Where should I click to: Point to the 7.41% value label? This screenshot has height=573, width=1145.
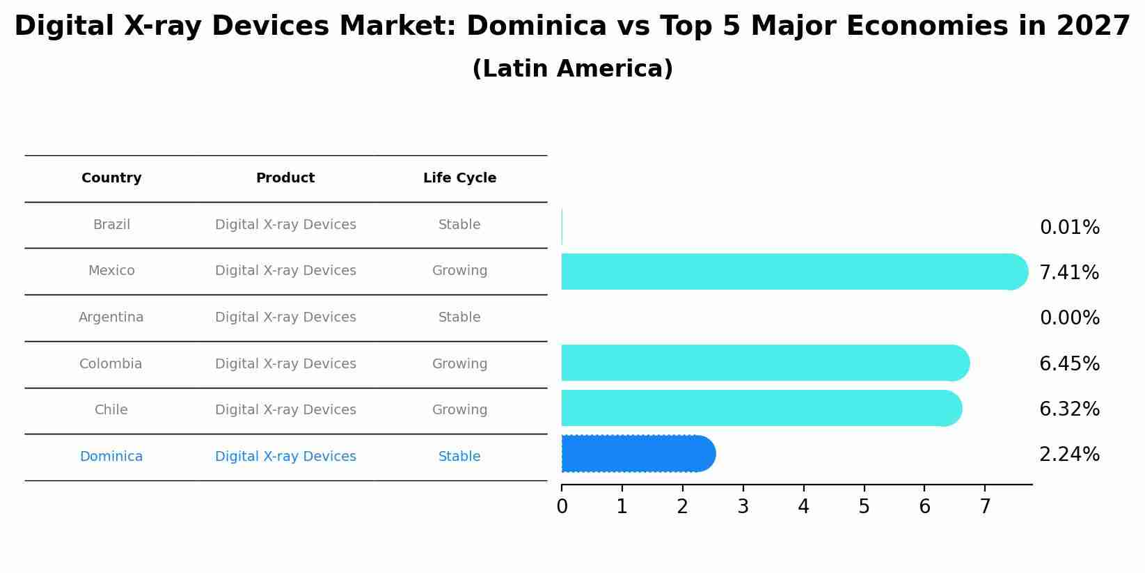(1068, 273)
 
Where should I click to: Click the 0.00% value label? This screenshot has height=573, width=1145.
(1069, 318)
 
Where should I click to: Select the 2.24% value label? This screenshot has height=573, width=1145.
(1069, 455)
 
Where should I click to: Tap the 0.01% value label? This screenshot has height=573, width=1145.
(1069, 228)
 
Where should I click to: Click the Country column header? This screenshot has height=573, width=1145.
(111, 178)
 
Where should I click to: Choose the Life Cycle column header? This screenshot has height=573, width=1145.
(459, 178)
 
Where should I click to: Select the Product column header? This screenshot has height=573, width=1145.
(285, 178)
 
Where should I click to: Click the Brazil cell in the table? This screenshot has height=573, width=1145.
(111, 225)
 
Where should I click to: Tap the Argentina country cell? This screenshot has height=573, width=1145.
(111, 317)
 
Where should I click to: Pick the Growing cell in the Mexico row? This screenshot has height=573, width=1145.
(459, 271)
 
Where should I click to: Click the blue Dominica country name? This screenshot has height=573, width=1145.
(111, 457)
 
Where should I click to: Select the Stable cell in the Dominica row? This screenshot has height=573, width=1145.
(459, 457)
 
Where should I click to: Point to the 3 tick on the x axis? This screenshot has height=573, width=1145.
(743, 507)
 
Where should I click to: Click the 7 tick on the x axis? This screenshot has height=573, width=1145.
(985, 507)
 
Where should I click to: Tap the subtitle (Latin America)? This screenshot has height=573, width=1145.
(572, 69)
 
